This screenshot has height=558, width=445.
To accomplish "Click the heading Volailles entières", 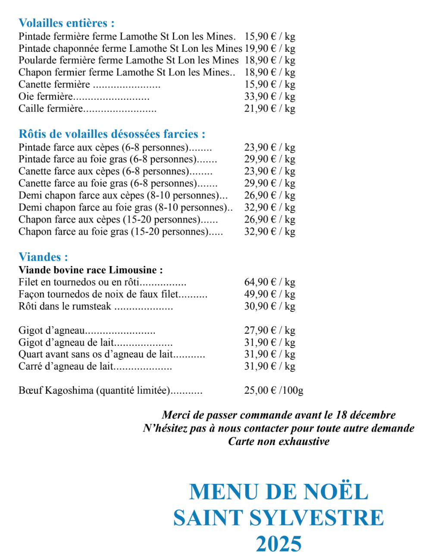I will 66,23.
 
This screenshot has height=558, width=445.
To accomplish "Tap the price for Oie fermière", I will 270,96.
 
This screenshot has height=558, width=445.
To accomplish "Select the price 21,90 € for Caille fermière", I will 270,108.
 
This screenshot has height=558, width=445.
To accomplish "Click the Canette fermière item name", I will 54,84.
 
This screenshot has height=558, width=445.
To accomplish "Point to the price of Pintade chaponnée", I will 270,48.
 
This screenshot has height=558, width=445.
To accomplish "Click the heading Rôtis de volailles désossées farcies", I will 112,134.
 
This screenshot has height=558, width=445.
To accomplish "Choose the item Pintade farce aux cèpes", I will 103,147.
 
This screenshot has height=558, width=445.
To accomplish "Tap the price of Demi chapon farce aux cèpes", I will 270,195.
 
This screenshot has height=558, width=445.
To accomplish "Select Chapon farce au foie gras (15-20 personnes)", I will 113,232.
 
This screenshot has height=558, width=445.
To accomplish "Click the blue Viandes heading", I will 43,257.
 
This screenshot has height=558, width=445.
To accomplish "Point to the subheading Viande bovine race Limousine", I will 91,270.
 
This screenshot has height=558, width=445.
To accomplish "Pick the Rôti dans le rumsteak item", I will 65,306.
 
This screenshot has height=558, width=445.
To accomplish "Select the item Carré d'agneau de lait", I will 66,366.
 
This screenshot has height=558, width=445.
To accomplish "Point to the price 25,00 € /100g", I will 273,390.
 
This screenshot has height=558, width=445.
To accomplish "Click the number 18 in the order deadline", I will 341,415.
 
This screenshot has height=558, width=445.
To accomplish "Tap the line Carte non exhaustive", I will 279,441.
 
